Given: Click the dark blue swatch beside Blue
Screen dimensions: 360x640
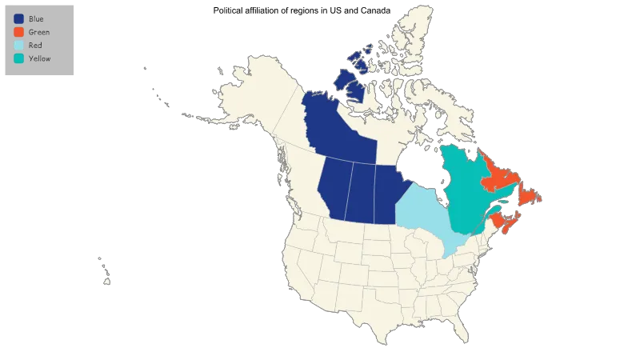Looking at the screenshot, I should coord(18,18).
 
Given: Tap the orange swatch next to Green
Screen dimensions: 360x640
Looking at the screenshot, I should coord(18,32).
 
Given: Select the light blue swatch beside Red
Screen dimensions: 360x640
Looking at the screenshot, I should coord(18,45).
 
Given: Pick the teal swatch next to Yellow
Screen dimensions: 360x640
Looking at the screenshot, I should coord(18,58).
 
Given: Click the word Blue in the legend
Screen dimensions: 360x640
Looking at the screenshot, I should coord(36,18).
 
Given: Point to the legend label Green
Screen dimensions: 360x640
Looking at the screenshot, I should coord(38,32).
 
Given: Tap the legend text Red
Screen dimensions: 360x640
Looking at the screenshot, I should coord(34,45).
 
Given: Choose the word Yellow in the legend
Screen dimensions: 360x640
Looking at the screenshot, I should coord(39,58).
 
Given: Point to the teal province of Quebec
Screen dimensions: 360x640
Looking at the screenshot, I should coord(460,184).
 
